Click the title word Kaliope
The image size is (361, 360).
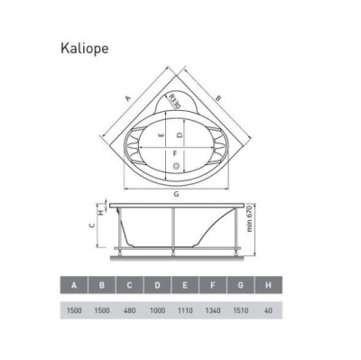(88, 42)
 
